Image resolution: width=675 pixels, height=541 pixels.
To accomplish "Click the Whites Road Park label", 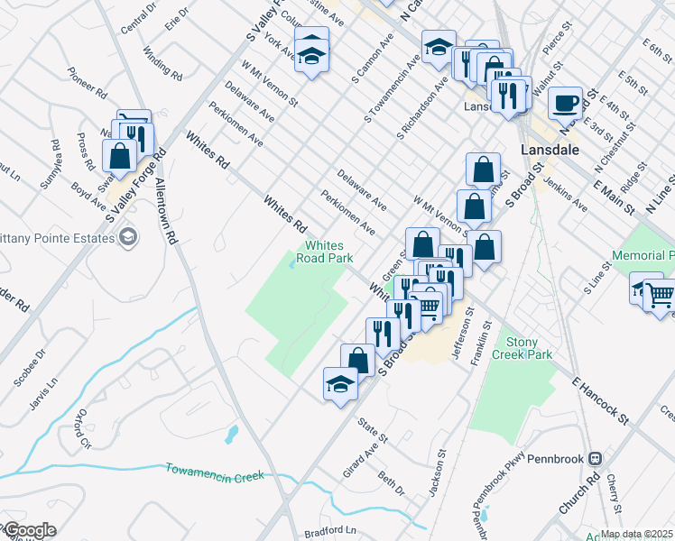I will coord(328,252).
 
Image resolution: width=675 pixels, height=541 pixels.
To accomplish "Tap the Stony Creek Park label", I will coord(528,348).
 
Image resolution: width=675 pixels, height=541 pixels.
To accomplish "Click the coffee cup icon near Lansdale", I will coord(565,102).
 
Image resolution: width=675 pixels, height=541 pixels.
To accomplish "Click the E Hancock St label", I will coord(600,397).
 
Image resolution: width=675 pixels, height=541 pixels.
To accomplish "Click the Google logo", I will coord(29,530).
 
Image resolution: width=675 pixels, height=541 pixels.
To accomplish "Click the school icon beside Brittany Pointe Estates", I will coord(129,237).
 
